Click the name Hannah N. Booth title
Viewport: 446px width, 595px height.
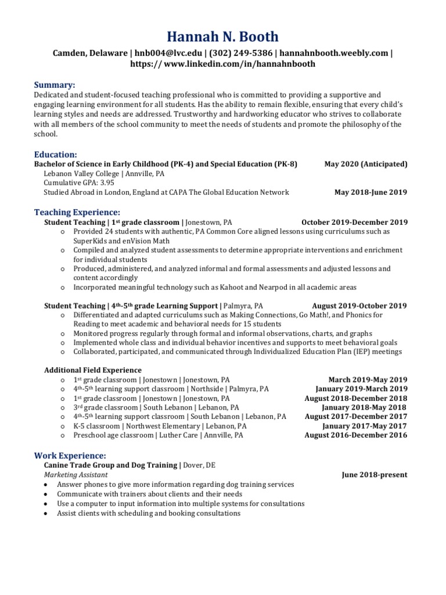pos(223,37)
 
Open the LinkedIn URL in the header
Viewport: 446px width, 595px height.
pos(223,64)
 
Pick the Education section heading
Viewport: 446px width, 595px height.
pos(56,155)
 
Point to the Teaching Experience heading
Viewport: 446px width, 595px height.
pos(77,212)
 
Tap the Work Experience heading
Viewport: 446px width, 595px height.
pos(70,456)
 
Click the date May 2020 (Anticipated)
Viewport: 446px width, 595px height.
pos(366,164)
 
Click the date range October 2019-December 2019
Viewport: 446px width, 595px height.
pos(354,222)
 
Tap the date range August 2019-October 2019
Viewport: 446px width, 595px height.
pos(359,306)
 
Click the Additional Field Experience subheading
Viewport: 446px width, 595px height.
pos(93,370)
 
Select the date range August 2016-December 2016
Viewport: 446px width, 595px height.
pos(356,435)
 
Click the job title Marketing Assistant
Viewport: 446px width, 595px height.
pos(75,475)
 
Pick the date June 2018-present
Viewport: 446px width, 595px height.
pos(375,475)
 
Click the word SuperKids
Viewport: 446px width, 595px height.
pos(89,241)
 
